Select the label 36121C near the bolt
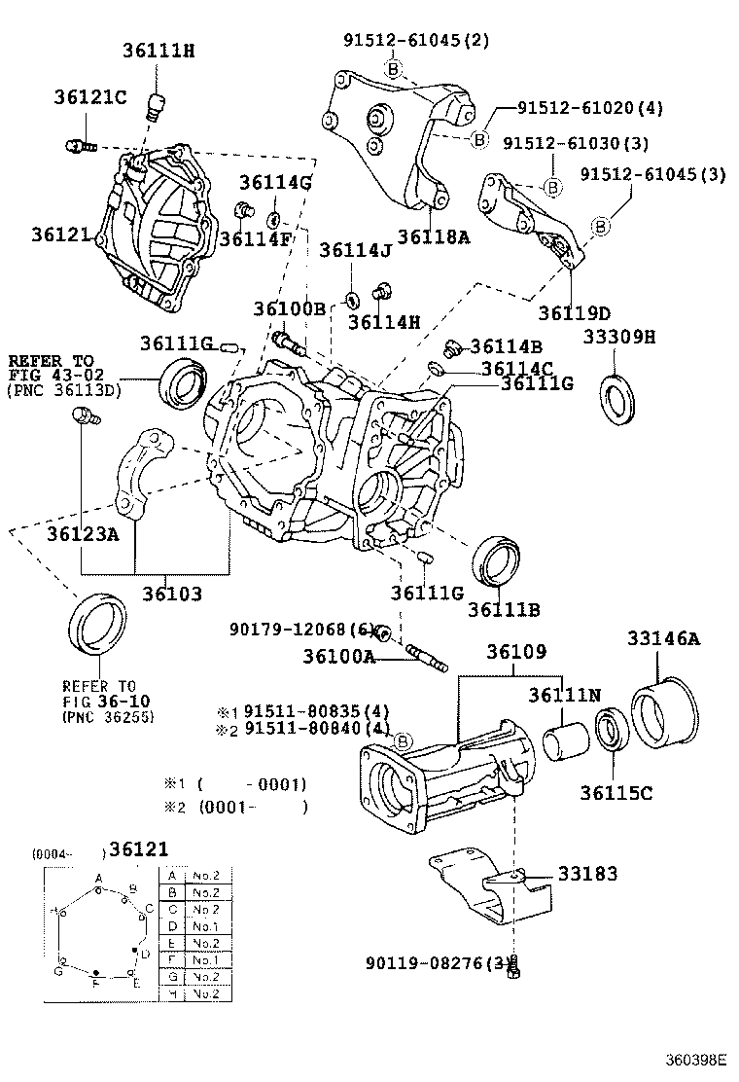coord(90,99)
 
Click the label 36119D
coord(574,313)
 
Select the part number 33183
coord(587,875)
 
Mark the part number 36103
coord(174,593)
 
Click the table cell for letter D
coord(173,926)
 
